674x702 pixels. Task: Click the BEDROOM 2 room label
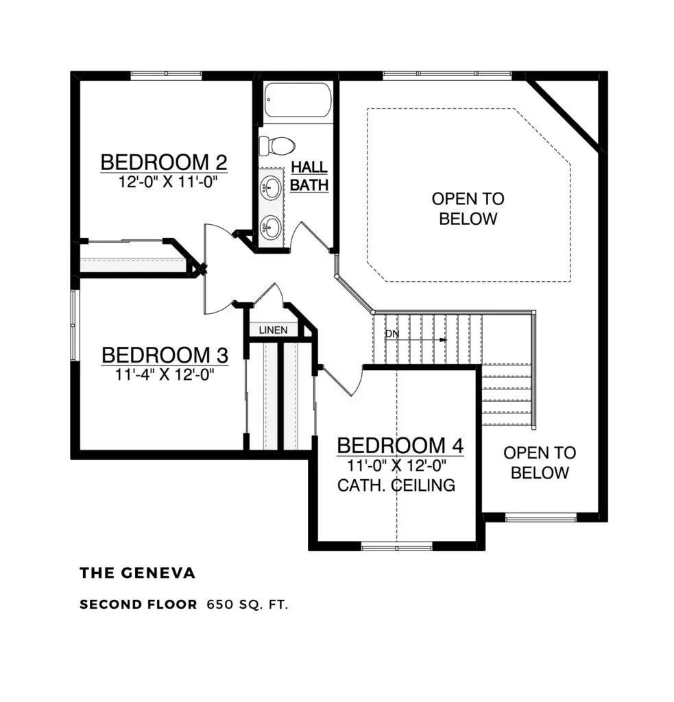point(164,162)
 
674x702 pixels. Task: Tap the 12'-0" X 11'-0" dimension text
point(164,182)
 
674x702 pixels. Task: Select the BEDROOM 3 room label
point(165,355)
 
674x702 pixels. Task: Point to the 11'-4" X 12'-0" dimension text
point(165,374)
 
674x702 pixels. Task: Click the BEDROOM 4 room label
point(400,445)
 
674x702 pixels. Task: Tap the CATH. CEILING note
point(396,485)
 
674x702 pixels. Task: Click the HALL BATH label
point(309,175)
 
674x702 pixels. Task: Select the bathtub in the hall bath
point(298,101)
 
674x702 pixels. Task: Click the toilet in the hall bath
point(277,145)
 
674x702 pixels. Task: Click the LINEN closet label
point(273,330)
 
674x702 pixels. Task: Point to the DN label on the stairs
point(392,334)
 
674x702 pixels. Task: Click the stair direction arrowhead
point(443,339)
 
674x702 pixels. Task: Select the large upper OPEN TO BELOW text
point(468,208)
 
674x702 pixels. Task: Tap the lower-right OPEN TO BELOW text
point(540,462)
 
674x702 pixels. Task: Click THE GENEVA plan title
point(137,573)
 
